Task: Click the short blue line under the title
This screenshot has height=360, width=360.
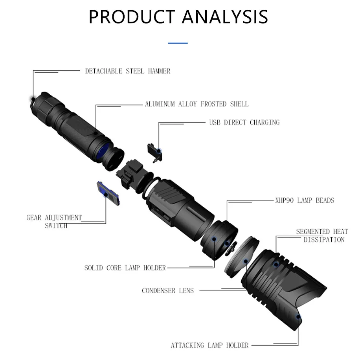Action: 178,43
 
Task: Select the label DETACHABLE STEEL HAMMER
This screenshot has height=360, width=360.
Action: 128,71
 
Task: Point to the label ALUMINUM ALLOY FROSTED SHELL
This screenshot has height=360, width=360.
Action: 197,104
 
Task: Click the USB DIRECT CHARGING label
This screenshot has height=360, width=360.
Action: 244,122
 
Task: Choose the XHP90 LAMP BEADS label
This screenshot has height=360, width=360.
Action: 305,200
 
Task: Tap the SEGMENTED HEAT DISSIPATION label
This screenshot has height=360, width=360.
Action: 322,235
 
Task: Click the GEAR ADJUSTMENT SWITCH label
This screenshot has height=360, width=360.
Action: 54,221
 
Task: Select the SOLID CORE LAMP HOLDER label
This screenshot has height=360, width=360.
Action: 125,268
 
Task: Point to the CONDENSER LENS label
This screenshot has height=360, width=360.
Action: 168,290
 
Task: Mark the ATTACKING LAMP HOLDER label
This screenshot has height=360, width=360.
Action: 209,345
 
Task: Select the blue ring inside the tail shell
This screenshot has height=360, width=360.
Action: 103,151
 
